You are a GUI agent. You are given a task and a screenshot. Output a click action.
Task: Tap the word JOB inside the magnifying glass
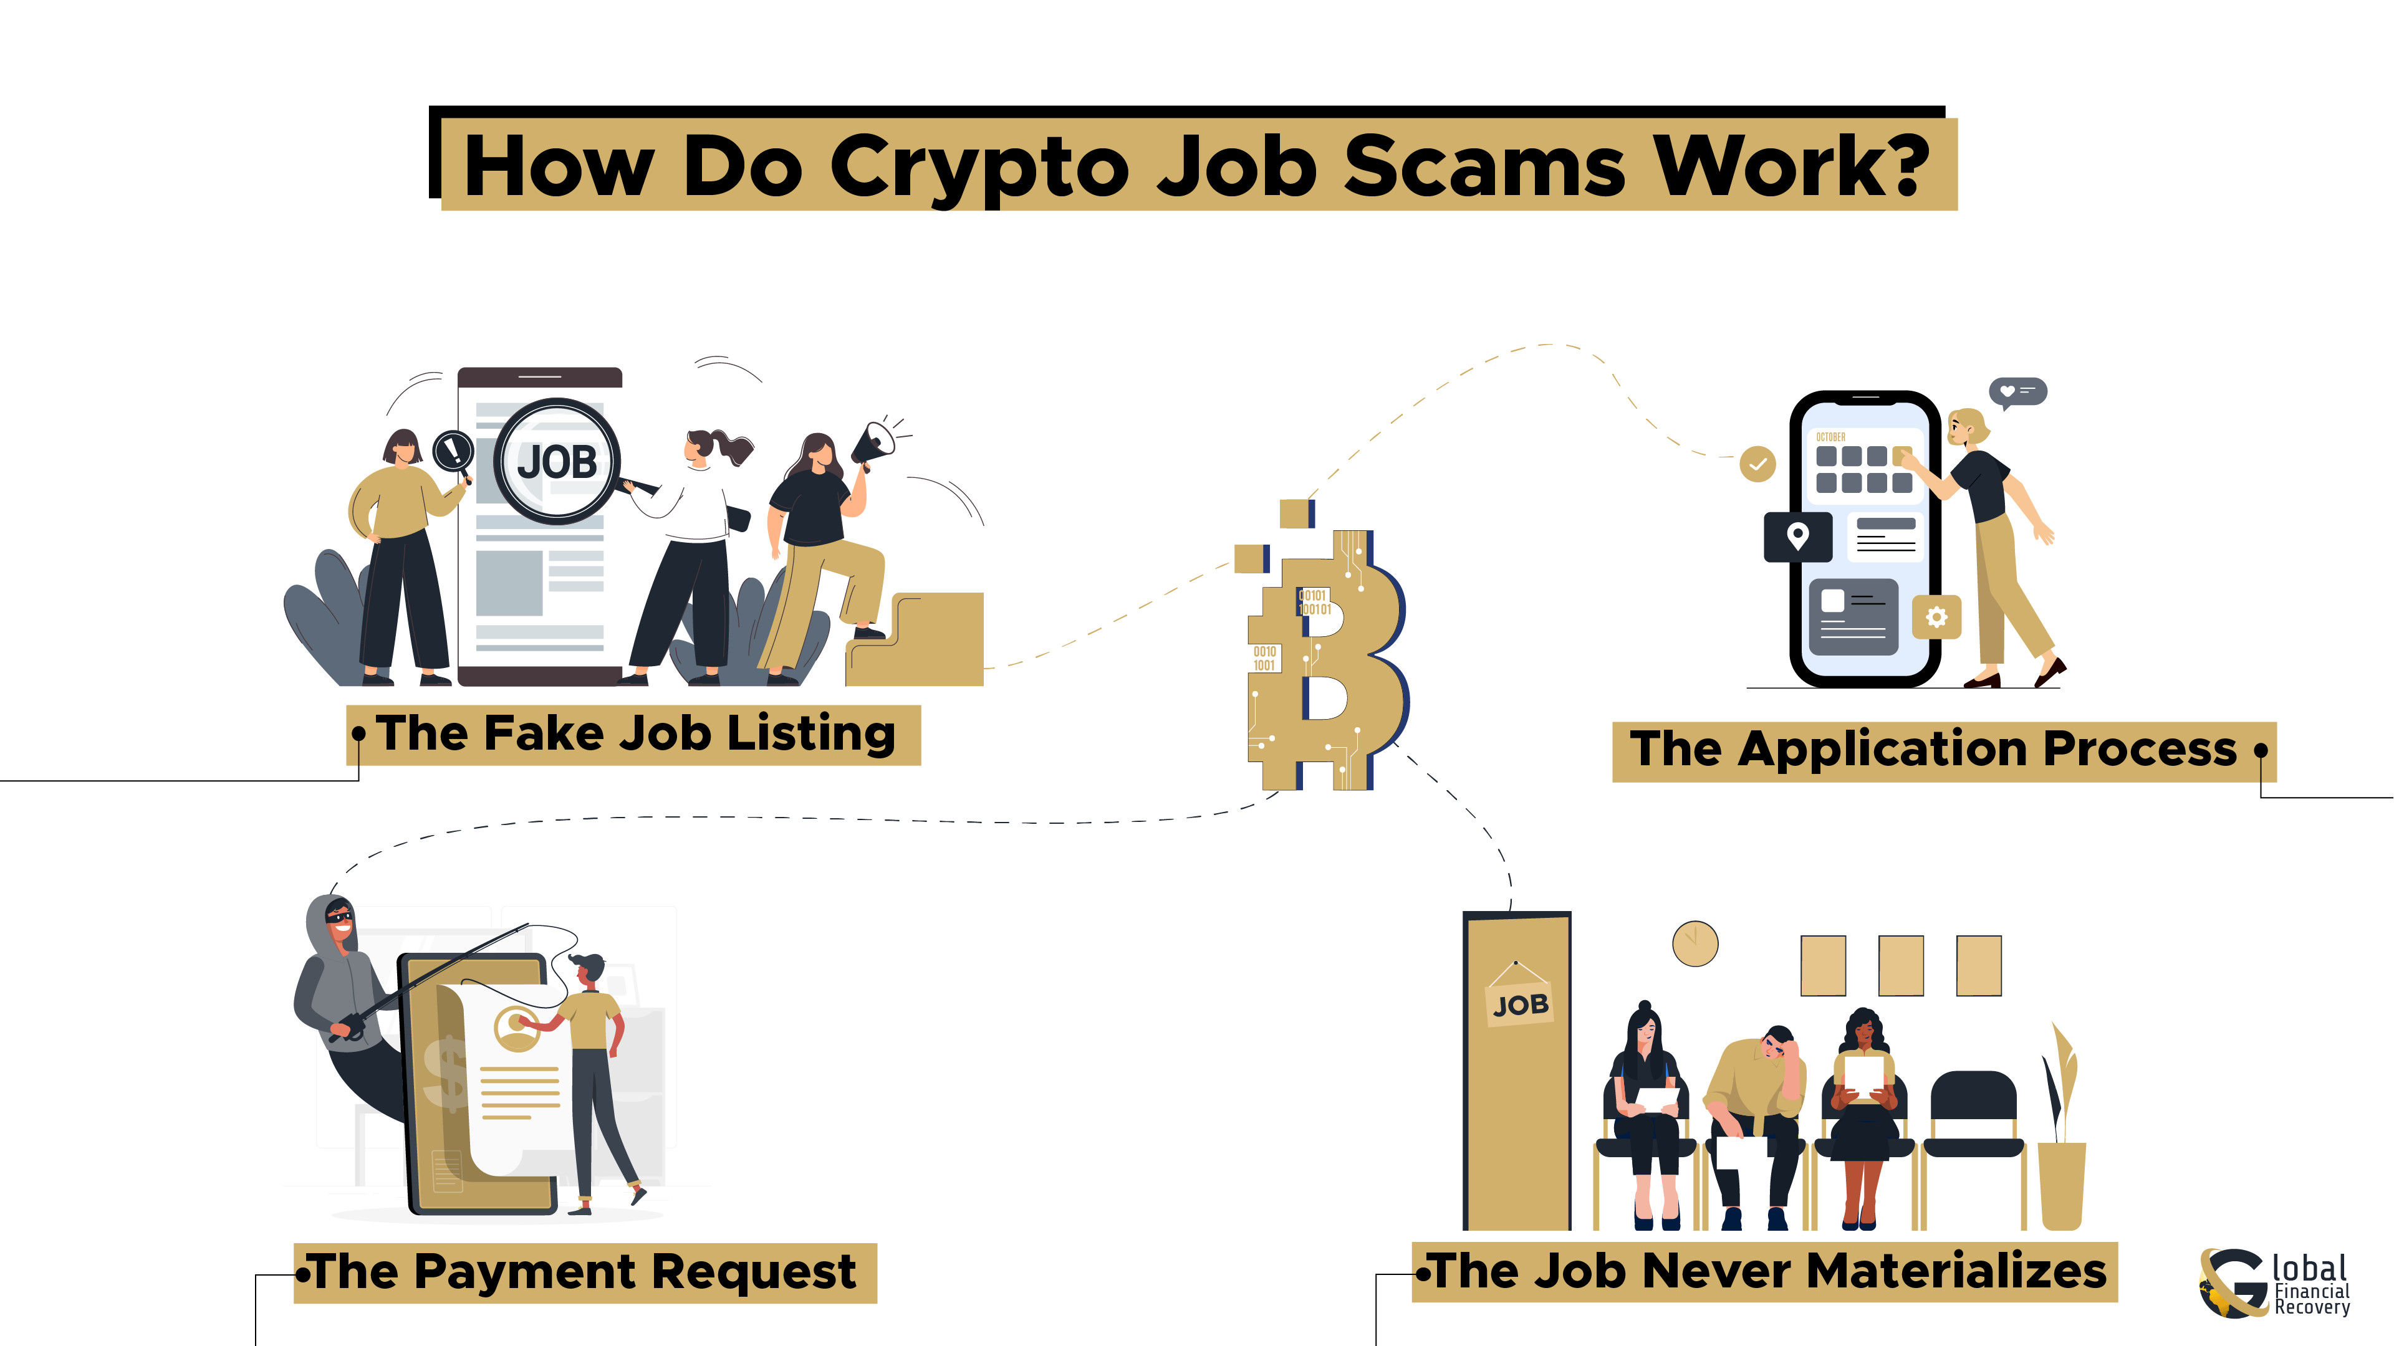(557, 462)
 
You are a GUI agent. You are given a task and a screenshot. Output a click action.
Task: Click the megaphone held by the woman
(873, 444)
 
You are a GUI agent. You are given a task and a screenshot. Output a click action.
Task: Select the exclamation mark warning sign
(453, 451)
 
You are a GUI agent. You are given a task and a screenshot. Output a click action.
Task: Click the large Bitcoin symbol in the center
(1329, 650)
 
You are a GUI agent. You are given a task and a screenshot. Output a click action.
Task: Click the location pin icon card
(1797, 536)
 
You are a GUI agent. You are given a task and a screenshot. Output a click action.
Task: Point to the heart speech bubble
(2017, 392)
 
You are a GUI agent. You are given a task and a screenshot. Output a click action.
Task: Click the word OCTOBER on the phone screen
(1831, 437)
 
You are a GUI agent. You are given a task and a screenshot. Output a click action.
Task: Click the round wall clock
(1695, 944)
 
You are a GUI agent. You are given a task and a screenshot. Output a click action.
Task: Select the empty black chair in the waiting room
(1973, 1115)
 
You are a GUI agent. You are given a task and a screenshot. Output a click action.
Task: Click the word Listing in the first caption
(810, 734)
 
